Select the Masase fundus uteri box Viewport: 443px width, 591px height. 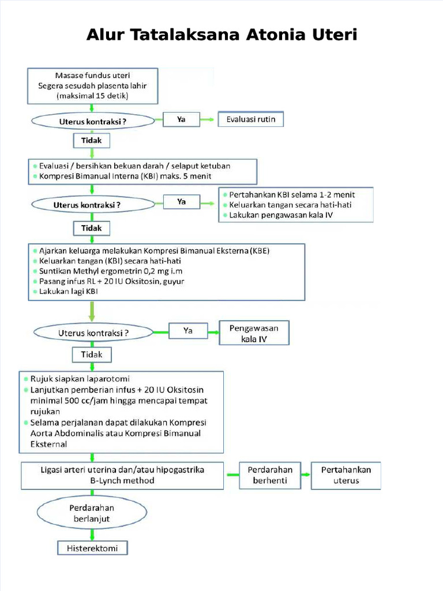pyautogui.click(x=92, y=86)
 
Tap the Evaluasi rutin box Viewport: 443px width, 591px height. pyautogui.click(x=251, y=120)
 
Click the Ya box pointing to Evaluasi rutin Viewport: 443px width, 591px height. pyautogui.click(x=181, y=120)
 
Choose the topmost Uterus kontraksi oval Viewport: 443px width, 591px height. pyautogui.click(x=92, y=122)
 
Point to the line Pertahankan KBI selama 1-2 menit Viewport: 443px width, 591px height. pyautogui.click(x=292, y=194)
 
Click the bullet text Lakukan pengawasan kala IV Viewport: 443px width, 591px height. pyautogui.click(x=281, y=215)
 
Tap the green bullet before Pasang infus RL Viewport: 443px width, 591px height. pyautogui.click(x=35, y=282)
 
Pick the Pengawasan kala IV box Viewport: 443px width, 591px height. pyautogui.click(x=254, y=334)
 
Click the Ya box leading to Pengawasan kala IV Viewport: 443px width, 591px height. pyautogui.click(x=187, y=331)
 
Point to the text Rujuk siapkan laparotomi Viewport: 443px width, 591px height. pyautogui.click(x=84, y=379)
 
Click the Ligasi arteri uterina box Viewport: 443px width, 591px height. pyautogui.click(x=122, y=475)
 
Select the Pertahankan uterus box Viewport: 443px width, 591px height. pyautogui.click(x=346, y=475)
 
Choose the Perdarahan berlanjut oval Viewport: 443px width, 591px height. pyautogui.click(x=92, y=513)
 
